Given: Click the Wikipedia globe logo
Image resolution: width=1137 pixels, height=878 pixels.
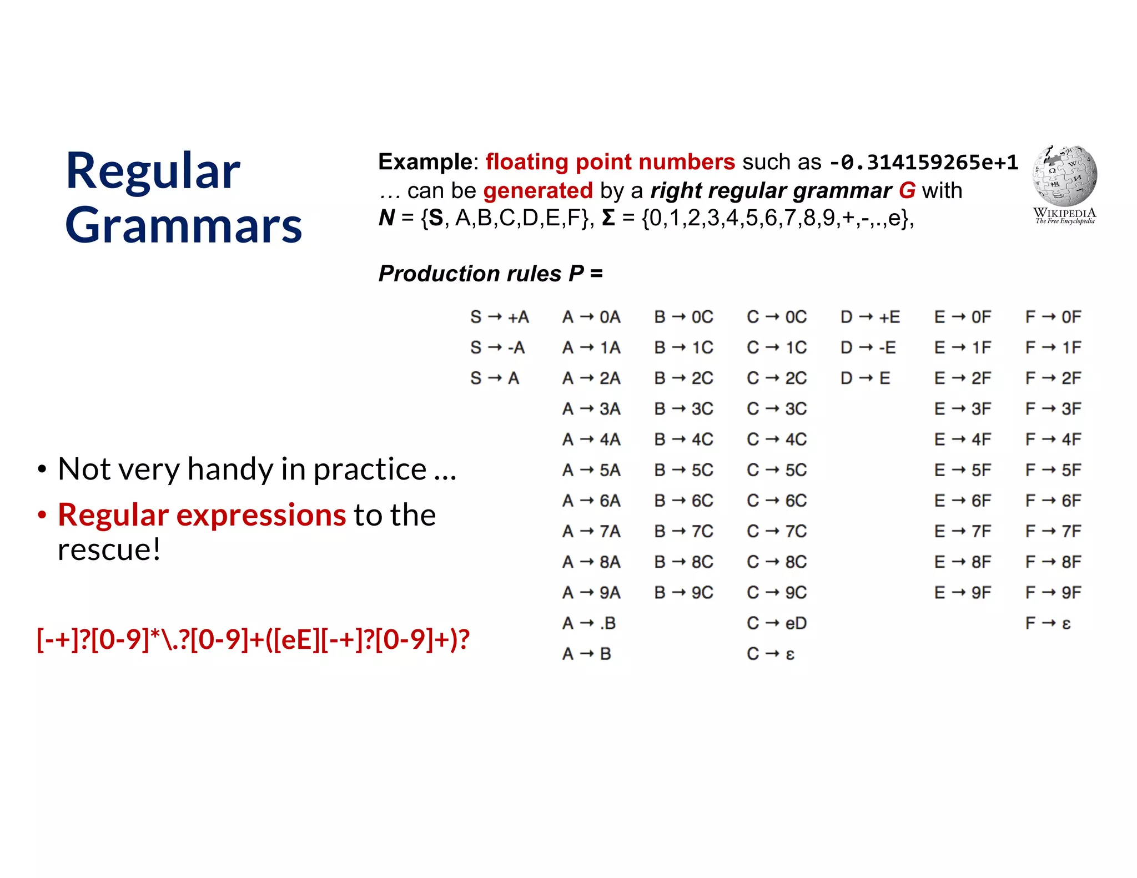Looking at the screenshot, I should coord(1064,176).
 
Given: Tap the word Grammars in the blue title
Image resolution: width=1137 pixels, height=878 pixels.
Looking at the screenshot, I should coord(184,225).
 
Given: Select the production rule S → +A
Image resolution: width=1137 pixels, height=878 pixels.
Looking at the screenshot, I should coord(499,317).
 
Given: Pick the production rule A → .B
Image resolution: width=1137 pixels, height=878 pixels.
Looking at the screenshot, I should coord(588,623).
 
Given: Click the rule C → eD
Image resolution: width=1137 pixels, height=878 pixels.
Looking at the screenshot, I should coord(776,623).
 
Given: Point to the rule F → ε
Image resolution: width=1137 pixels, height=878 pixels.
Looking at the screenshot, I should coord(1048,623).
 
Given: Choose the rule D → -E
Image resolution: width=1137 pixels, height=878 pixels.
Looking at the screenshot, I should coord(868,347).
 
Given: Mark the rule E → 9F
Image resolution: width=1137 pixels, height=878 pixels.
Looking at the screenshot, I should coord(962,593).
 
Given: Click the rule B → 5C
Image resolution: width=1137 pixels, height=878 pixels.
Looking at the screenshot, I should coord(683,470).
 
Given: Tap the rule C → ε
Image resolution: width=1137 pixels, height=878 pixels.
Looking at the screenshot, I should coord(771,654).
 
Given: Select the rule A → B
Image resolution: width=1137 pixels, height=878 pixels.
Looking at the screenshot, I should coord(586,654).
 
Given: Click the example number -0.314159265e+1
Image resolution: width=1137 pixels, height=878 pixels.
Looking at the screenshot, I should coord(923,162).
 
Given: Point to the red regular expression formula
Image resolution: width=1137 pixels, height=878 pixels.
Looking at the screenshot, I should coord(253,639).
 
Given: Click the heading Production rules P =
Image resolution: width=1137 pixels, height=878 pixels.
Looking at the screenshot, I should coord(490,274).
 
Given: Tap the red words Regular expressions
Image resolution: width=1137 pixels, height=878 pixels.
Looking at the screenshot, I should coord(202,515).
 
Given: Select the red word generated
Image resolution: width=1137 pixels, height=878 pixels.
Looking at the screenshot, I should coord(538,190).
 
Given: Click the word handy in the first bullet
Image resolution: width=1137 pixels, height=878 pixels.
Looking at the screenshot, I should coord(231,470).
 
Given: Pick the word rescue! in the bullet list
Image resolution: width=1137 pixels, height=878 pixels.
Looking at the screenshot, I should coord(109,549).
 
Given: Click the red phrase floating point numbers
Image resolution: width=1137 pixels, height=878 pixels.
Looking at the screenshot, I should coord(610,162).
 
